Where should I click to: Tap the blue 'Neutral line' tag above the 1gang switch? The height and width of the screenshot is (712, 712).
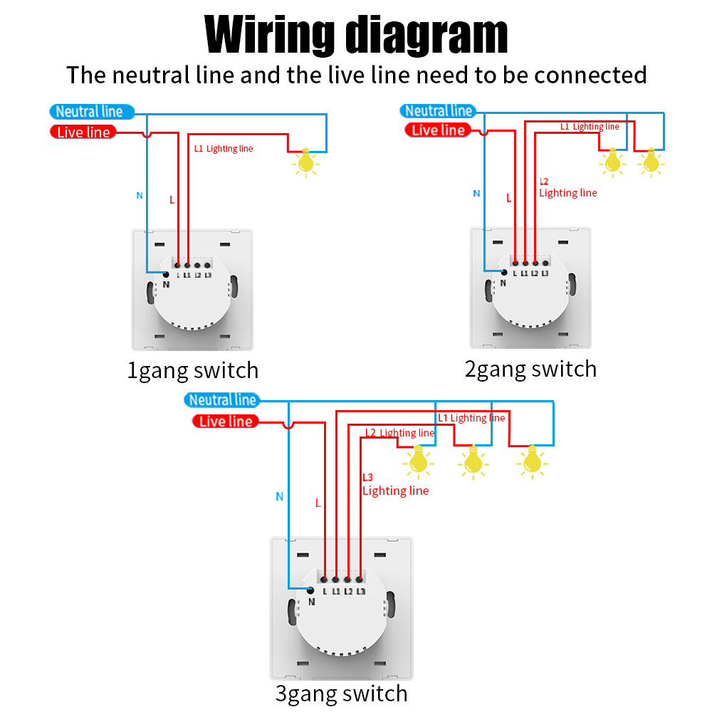point(89,111)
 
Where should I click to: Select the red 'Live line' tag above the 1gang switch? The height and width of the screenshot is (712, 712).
point(83,132)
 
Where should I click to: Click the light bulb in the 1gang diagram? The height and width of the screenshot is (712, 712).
point(306,162)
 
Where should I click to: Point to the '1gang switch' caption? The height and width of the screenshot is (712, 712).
point(192,370)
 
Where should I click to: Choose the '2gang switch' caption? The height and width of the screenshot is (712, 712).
point(530,369)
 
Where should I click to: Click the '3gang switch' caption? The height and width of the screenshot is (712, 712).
point(342,693)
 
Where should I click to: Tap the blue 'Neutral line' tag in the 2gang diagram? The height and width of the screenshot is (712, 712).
point(438,110)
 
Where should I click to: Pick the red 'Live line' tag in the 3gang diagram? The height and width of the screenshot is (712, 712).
point(226,422)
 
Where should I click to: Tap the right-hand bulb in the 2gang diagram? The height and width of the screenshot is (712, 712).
point(650,162)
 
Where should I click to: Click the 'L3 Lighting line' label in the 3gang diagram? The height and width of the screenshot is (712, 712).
point(395,484)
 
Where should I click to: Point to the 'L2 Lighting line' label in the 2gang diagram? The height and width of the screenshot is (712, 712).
point(567,187)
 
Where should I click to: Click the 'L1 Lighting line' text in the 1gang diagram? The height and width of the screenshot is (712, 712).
point(224,149)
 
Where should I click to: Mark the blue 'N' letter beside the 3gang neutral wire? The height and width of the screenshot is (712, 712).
point(279,496)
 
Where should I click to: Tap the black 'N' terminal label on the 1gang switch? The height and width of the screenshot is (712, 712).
point(167,284)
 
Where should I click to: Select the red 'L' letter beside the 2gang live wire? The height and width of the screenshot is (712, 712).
point(508,199)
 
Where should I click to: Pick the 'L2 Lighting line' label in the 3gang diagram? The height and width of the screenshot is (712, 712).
point(399,433)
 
